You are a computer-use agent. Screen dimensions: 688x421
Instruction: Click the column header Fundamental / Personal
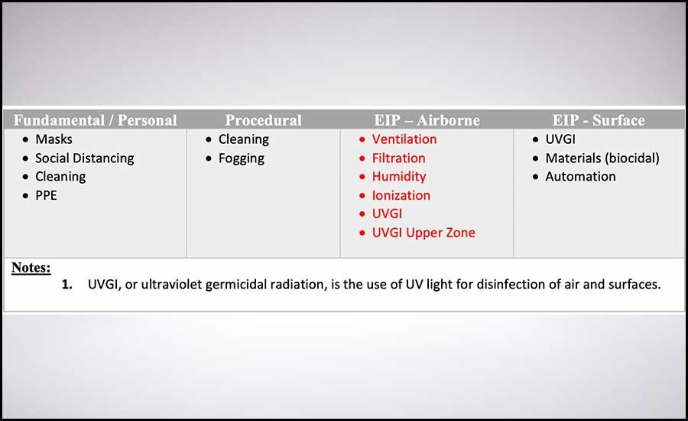point(96,120)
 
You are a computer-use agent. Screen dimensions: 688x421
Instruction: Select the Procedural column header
point(263,120)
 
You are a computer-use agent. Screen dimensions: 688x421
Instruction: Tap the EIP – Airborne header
point(427,120)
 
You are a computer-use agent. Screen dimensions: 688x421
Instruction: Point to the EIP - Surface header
point(599,120)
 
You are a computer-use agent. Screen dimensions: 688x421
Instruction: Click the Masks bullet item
point(54,139)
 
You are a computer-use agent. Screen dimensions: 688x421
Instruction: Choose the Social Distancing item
point(85,158)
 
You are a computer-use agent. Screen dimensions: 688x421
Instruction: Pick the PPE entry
point(46,195)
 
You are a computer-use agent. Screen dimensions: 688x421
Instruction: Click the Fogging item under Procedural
point(242,158)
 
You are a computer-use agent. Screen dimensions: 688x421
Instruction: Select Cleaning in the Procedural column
point(244,140)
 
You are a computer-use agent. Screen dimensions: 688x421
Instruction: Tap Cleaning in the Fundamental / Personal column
point(60,177)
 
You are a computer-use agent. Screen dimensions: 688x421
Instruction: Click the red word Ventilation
point(404,139)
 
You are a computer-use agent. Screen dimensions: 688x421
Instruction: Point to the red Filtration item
point(398,158)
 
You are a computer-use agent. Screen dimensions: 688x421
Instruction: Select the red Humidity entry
point(399,177)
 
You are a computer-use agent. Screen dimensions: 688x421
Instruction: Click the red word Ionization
point(401,195)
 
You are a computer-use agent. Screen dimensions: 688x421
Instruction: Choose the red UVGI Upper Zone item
point(424,233)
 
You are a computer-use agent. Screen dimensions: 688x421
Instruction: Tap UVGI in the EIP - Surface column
point(560,139)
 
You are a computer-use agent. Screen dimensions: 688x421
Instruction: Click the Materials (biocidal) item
point(602,158)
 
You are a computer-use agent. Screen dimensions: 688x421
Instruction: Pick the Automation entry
point(580,177)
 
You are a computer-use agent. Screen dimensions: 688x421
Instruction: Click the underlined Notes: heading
point(31,267)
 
